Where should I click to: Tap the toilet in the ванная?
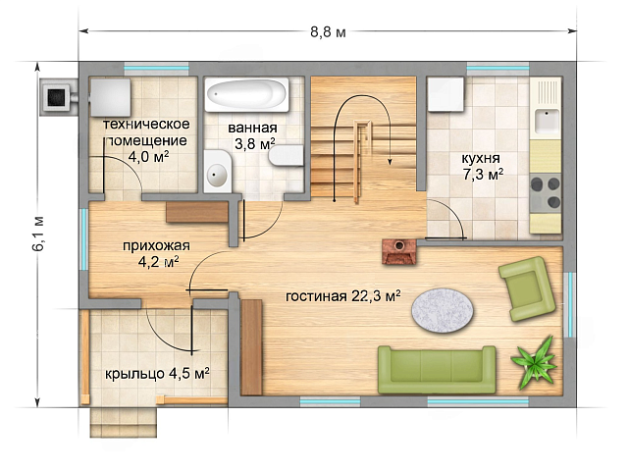tap(286, 155)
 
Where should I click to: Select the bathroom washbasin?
tap(218, 172)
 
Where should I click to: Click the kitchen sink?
tap(547, 120)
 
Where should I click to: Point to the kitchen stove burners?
tap(546, 193)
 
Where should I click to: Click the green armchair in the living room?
tap(527, 288)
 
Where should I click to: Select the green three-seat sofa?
tap(437, 370)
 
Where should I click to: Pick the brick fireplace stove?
tap(399, 251)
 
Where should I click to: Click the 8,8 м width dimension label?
tap(328, 32)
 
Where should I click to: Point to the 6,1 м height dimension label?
tap(38, 235)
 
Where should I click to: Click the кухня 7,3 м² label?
tap(482, 166)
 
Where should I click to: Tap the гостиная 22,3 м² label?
tap(343, 296)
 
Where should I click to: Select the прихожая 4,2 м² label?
tap(157, 253)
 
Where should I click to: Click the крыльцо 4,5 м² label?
tap(157, 374)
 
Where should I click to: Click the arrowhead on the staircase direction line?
tap(389, 161)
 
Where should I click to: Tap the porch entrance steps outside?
tap(123, 422)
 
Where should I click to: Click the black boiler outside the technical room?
tap(57, 97)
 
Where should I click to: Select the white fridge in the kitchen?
tap(445, 94)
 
